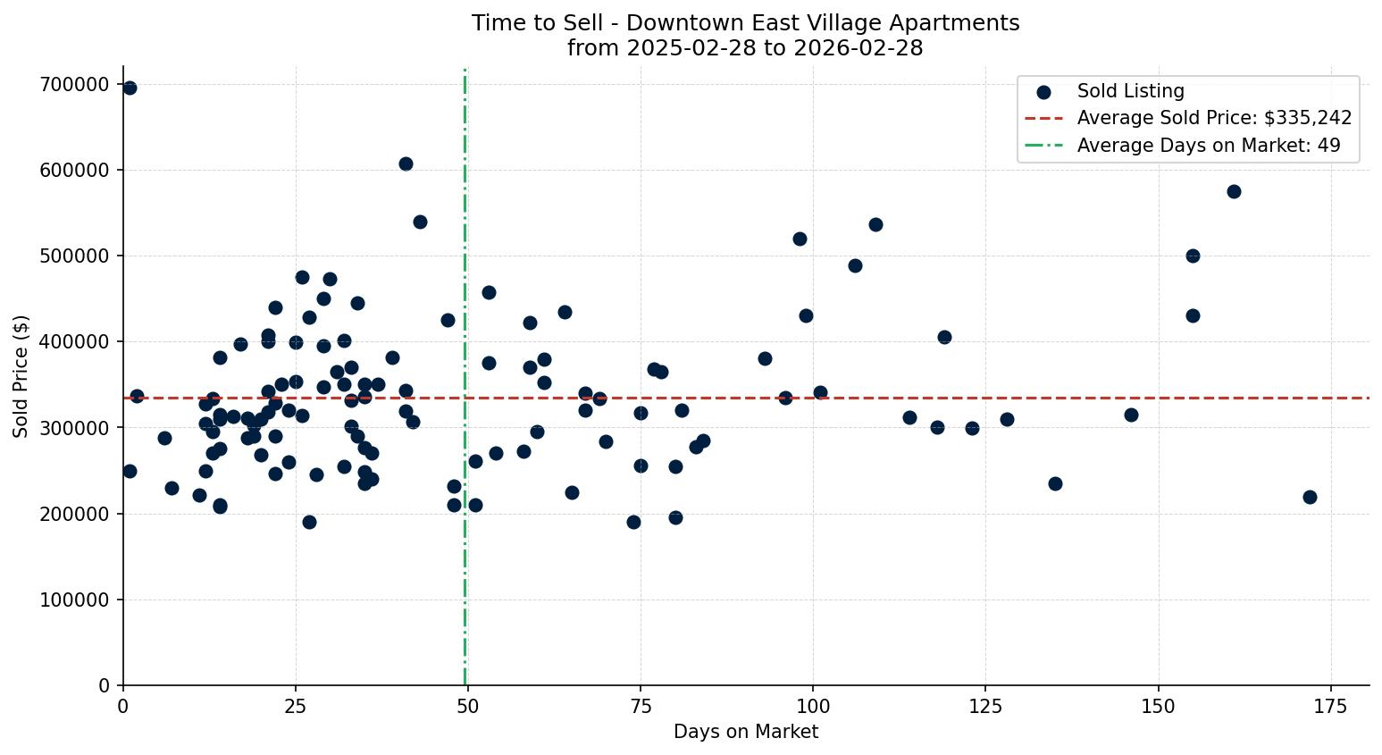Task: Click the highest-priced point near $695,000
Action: pyautogui.click(x=130, y=88)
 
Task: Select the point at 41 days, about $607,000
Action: pyautogui.click(x=406, y=164)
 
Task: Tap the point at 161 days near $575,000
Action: pyautogui.click(x=1234, y=191)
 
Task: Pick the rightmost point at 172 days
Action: pyautogui.click(x=1310, y=497)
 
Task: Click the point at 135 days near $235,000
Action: pyautogui.click(x=1055, y=483)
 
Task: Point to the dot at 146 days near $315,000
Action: pyautogui.click(x=1131, y=415)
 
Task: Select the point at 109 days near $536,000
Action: pyautogui.click(x=875, y=224)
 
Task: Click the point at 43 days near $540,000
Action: pyautogui.click(x=420, y=222)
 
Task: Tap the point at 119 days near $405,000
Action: pyautogui.click(x=944, y=337)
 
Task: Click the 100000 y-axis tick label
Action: pyautogui.click(x=74, y=600)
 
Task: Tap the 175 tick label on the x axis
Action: pyautogui.click(x=1331, y=706)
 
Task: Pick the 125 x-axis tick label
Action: pyautogui.click(x=986, y=706)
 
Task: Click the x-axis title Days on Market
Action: pyautogui.click(x=746, y=732)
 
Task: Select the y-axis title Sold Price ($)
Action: pyautogui.click(x=21, y=376)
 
